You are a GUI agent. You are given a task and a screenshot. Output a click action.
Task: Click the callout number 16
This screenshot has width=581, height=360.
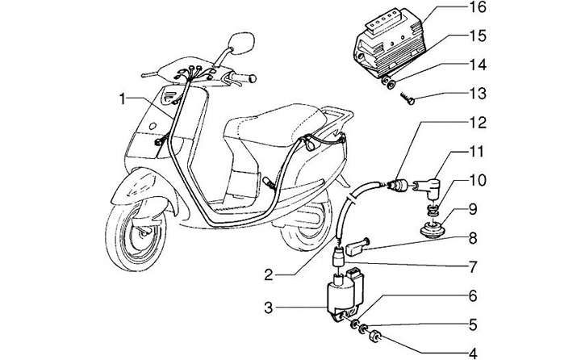[477, 7]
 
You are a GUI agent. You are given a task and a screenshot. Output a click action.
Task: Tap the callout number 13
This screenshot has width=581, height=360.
[477, 94]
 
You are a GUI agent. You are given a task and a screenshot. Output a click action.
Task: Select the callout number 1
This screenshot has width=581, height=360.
[123, 99]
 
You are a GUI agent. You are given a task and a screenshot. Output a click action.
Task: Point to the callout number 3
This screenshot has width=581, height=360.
[269, 308]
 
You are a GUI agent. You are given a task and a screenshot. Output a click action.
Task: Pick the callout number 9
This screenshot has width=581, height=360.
[473, 210]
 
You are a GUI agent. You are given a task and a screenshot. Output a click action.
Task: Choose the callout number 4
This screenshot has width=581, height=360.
[473, 353]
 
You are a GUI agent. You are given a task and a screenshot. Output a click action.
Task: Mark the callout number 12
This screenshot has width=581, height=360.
[477, 123]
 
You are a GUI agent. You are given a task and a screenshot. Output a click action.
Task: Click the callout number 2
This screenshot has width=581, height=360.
[269, 275]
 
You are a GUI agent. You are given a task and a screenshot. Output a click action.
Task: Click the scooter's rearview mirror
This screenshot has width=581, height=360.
[241, 42]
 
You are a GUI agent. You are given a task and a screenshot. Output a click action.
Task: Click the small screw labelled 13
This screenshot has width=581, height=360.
[408, 98]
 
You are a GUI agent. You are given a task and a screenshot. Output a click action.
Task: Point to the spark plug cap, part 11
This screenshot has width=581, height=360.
[427, 187]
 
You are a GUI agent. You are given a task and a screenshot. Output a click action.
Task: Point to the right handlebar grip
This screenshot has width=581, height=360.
[243, 77]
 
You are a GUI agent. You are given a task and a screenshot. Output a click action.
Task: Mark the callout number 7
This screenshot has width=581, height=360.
[473, 267]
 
